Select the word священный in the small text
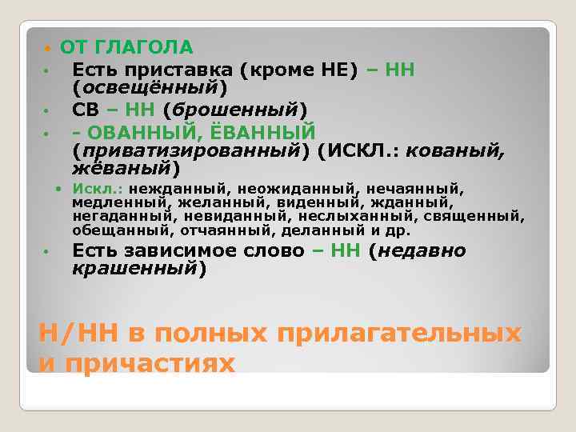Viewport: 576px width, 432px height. click(477, 217)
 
